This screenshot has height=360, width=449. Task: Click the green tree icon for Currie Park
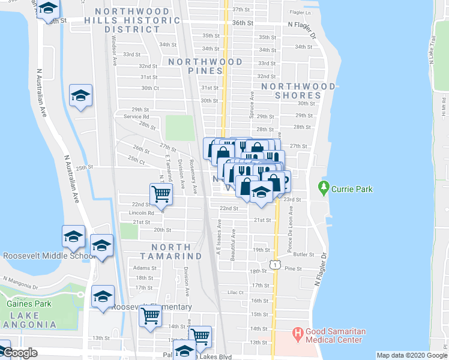click(x=324, y=188)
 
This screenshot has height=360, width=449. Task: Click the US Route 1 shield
click(x=274, y=265)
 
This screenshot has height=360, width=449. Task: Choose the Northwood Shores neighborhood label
click(x=298, y=91)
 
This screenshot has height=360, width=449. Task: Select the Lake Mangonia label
click(x=29, y=319)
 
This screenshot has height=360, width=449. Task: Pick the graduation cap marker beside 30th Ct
click(x=80, y=96)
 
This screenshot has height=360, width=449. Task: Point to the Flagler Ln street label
click(x=300, y=12)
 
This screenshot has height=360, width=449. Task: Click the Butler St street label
click(x=304, y=254)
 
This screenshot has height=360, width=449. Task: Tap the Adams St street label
click(x=145, y=268)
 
